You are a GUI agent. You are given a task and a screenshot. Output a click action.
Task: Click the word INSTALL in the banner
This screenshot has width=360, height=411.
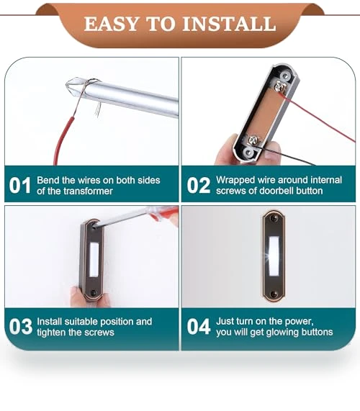pos(229,24)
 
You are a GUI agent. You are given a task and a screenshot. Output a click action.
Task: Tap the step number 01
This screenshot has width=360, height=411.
pos(20,185)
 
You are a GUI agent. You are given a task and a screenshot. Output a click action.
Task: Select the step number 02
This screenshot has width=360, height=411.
pos(199,185)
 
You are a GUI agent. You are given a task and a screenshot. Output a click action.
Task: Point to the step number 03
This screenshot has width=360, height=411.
pos(20,327)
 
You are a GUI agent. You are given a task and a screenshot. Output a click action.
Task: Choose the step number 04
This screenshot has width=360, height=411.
pos(199,327)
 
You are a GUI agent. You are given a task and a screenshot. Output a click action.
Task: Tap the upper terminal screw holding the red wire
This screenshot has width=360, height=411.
pos(279,86)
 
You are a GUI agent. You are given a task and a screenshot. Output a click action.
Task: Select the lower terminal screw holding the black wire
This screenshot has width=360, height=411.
pos(253,140)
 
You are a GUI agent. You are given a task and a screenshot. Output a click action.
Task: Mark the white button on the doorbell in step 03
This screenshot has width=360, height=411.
pos(94,259)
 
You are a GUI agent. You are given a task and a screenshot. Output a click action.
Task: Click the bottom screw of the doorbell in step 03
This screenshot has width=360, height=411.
pos(93,293)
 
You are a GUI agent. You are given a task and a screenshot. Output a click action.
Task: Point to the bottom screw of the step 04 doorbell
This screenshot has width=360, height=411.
pos(274,294)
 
